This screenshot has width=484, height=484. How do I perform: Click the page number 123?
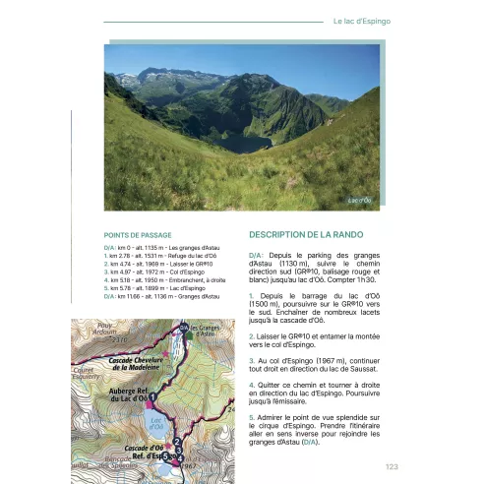click(x=392, y=467)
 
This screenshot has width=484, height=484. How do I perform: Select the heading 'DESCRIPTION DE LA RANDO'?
click(x=309, y=235)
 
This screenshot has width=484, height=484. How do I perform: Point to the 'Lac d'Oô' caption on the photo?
click(x=359, y=200)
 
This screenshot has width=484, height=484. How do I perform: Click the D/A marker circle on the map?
click(x=183, y=328)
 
